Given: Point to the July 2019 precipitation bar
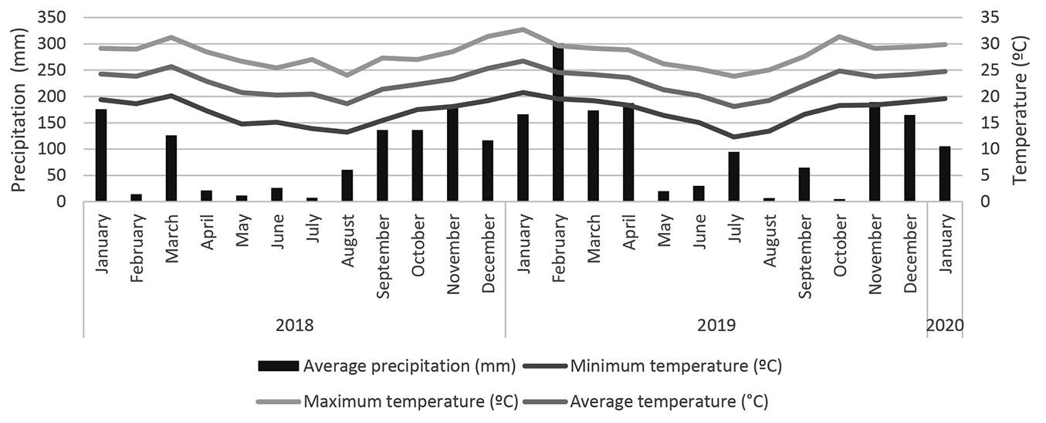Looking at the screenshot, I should pyautogui.click(x=733, y=177).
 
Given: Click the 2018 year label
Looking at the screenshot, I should pyautogui.click(x=294, y=325).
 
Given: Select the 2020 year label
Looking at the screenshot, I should pyautogui.click(x=945, y=325).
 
